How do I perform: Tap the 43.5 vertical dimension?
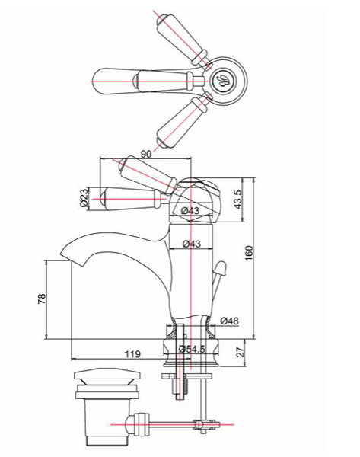(x=237, y=200)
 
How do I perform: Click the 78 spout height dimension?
(x=42, y=299)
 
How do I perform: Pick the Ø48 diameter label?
(x=230, y=321)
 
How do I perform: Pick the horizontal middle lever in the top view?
(x=137, y=78)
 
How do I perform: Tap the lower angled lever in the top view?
(x=183, y=121)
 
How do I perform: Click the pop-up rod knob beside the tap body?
(x=221, y=268)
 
